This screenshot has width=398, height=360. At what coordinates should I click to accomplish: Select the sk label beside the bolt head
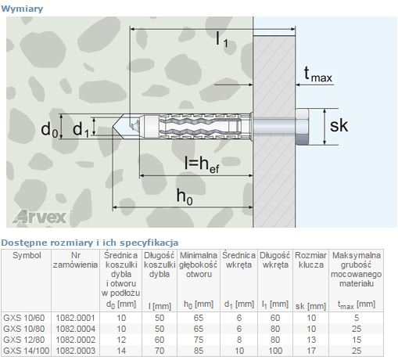coord(338,126)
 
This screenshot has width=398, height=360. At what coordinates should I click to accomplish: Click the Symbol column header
coord(27,255)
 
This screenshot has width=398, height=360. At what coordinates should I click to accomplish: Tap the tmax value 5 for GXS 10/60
coord(356,317)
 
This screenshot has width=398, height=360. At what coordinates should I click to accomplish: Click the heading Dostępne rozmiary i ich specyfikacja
coord(90,243)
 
